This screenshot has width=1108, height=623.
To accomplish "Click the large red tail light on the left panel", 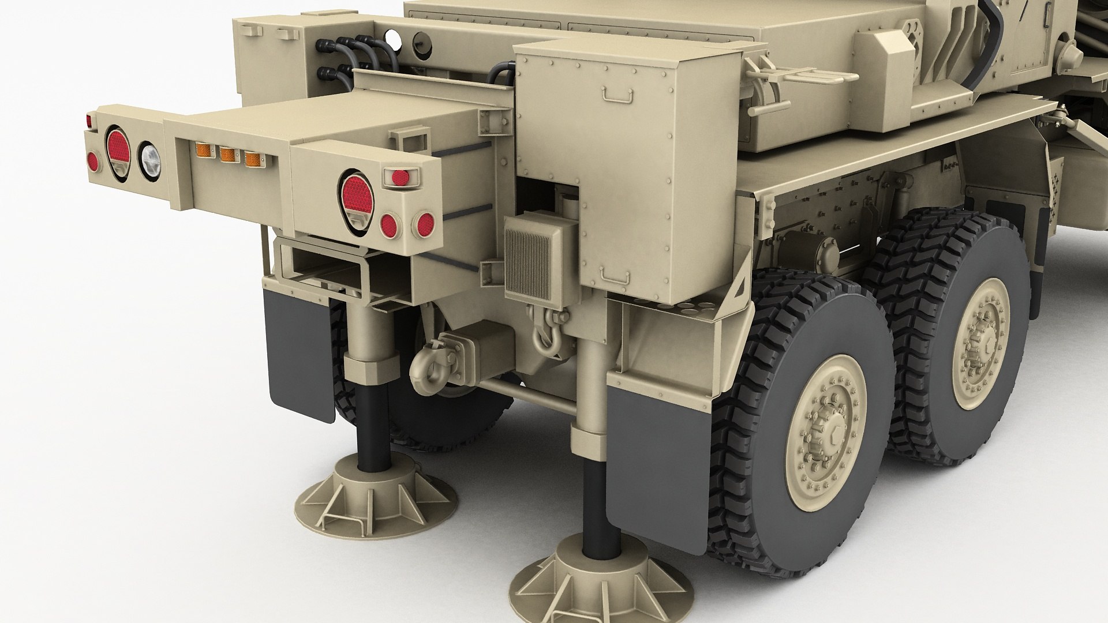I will point(117,148).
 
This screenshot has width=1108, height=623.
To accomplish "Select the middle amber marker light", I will point(227,155).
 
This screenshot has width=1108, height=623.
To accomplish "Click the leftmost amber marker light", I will point(203,151).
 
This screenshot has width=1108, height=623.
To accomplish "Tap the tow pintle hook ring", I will point(424,367).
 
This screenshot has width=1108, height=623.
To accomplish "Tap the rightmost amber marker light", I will point(251,159).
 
